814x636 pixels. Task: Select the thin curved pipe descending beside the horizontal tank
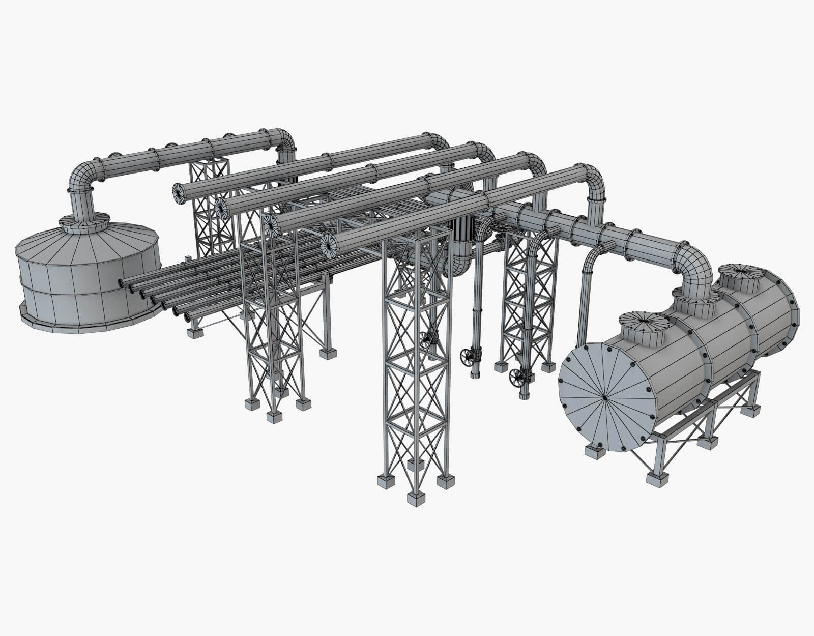click(585, 285)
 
